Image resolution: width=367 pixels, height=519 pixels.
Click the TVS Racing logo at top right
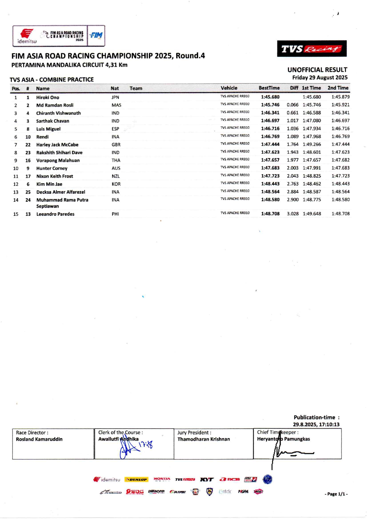click(x=312, y=49)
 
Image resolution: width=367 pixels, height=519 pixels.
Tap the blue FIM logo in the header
click(x=96, y=36)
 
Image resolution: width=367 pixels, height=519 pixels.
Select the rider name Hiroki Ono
click(x=48, y=97)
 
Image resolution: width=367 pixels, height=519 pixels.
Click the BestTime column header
click(x=269, y=88)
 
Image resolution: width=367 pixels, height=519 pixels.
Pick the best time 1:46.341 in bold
click(x=270, y=113)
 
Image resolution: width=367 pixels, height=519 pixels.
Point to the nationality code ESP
click(x=115, y=129)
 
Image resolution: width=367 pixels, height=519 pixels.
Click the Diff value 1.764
click(x=292, y=144)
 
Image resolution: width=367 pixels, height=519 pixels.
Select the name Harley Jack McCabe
click(x=57, y=145)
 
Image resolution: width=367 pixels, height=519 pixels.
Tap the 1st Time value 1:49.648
click(x=312, y=214)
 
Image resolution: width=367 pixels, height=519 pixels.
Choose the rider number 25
click(x=28, y=192)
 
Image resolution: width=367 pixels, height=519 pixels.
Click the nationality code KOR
click(x=116, y=184)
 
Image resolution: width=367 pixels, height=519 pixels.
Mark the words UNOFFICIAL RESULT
click(x=317, y=70)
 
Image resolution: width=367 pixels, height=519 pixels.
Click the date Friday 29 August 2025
click(x=320, y=78)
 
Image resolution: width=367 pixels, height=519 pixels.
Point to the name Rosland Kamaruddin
click(x=39, y=439)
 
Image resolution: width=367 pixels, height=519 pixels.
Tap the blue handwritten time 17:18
click(x=146, y=444)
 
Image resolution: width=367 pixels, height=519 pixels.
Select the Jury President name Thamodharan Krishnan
click(x=204, y=439)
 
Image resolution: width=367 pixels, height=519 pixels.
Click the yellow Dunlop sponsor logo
click(x=136, y=480)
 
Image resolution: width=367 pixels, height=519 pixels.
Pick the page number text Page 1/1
click(x=336, y=494)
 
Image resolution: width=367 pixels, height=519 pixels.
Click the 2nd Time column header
click(x=338, y=88)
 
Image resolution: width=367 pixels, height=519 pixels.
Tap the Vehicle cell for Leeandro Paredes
click(x=235, y=213)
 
